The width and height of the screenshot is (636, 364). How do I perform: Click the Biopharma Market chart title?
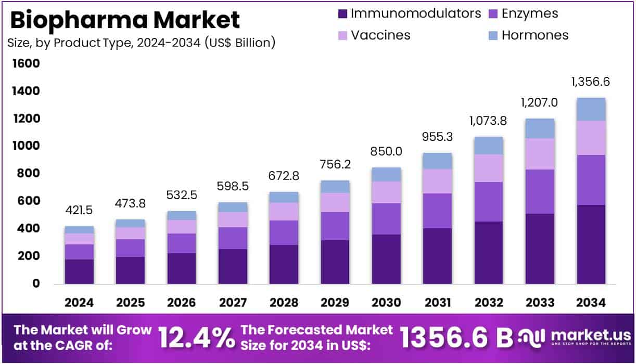(124, 20)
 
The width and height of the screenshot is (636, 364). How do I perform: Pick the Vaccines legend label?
(380, 35)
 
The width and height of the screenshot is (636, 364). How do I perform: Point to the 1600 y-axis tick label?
(26, 64)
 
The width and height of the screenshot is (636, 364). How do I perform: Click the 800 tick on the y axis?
(29, 174)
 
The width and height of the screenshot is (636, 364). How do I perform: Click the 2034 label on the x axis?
(591, 303)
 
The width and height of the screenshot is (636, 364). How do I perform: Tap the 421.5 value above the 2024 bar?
(79, 211)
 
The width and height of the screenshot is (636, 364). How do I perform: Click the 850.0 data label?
(386, 152)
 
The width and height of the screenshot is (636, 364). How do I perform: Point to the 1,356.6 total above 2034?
(590, 82)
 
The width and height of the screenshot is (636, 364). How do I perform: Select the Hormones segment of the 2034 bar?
(591, 109)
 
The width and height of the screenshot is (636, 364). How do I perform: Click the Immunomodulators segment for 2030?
(386, 259)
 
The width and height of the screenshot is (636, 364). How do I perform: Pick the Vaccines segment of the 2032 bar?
(488, 168)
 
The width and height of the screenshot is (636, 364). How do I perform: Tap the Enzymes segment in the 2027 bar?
(233, 238)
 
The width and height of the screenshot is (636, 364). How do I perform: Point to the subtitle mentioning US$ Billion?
(141, 43)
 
